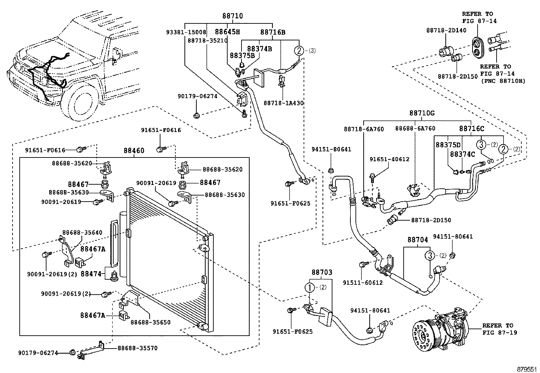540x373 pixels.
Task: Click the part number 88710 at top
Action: (233, 16)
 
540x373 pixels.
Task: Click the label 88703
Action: (322, 272)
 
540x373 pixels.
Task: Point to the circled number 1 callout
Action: (310, 287)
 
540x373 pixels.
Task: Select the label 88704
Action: (418, 240)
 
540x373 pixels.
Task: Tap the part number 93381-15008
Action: (186, 32)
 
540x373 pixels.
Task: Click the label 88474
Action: (91, 274)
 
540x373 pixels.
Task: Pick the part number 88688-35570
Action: (137, 348)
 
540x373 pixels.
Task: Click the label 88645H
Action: (227, 32)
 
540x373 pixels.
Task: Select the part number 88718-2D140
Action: (446, 30)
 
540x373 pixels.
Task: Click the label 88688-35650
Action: (150, 322)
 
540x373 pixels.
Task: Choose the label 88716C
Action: (471, 129)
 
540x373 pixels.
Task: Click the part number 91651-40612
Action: (389, 159)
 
